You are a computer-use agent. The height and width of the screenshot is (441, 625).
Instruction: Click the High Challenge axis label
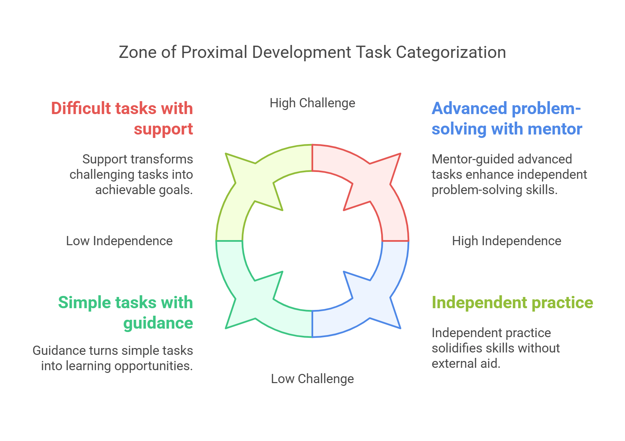pos(312,103)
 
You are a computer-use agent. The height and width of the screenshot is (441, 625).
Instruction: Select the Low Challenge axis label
pos(312,379)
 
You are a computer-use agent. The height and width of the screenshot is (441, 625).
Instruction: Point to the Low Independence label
pos(119,241)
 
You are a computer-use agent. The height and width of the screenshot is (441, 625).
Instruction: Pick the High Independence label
pos(506,241)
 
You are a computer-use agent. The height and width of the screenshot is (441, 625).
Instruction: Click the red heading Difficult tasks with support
pos(122,119)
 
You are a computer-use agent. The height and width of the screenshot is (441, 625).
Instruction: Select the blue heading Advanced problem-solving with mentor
pos(507,119)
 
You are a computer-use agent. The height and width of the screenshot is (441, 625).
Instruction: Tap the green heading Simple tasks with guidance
pos(125,313)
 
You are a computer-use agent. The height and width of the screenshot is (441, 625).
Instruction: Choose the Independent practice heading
pos(512,302)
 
